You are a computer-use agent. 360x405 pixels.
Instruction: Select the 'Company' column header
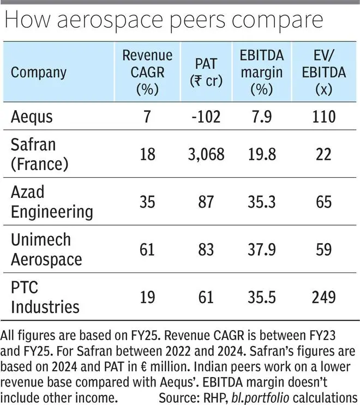(x=39, y=72)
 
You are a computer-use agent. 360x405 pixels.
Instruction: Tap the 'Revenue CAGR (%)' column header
(x=147, y=72)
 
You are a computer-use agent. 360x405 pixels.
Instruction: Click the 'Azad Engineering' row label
(x=52, y=202)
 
